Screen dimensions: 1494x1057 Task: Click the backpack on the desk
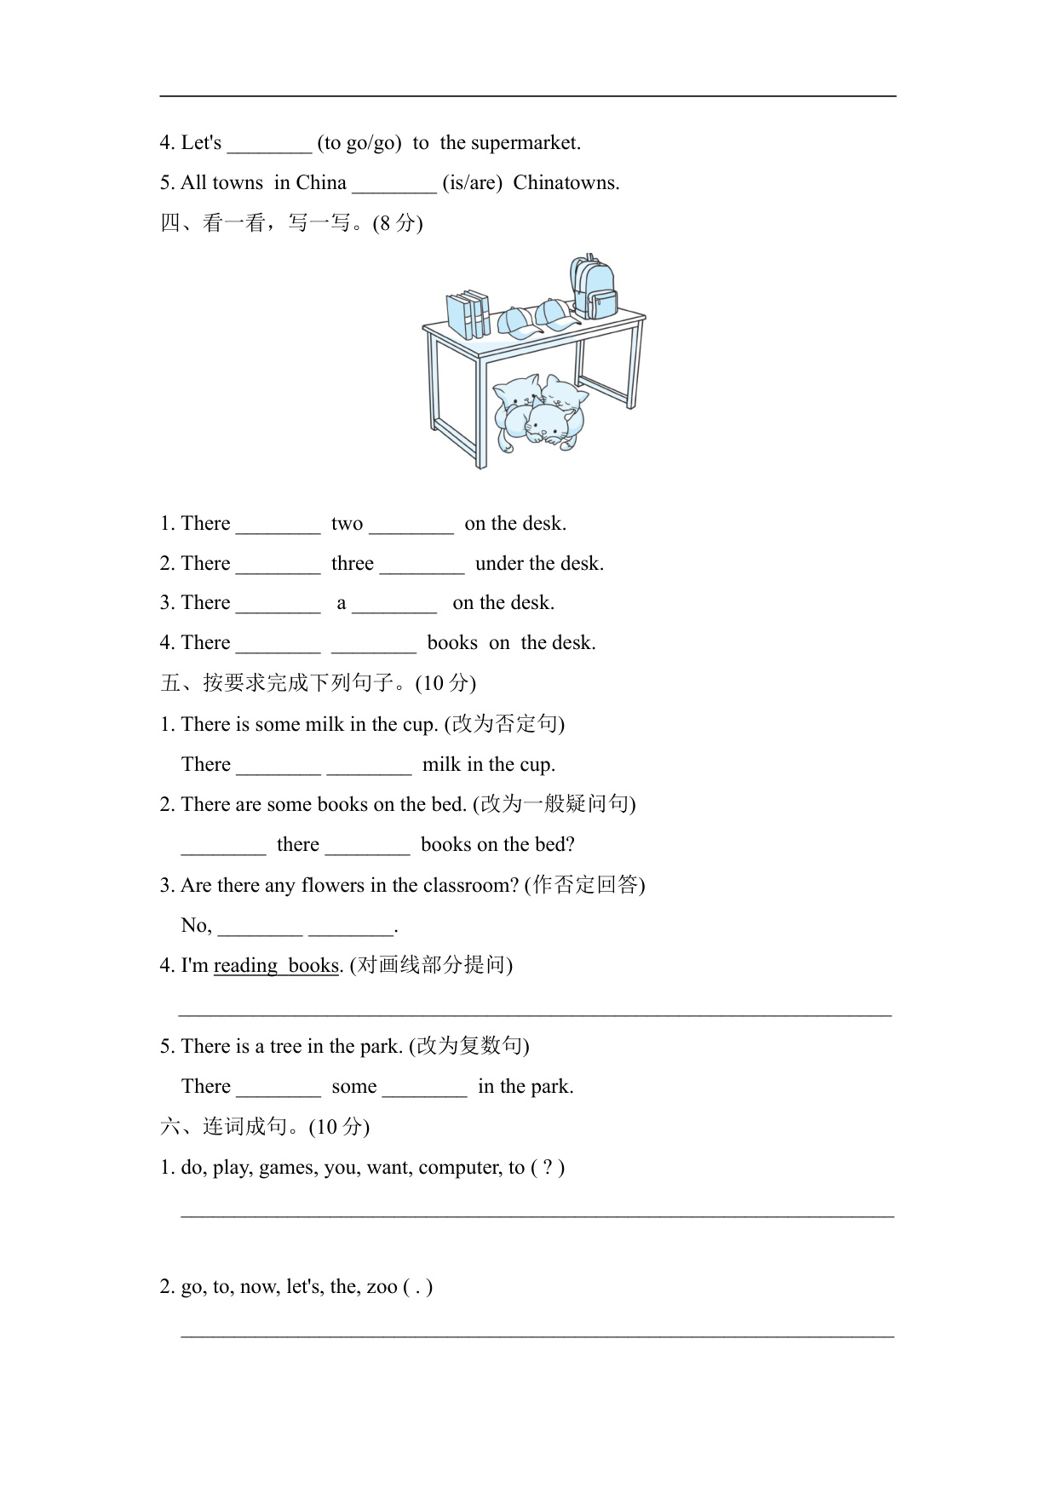pyautogui.click(x=594, y=287)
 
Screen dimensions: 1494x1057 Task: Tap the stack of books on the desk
pyautogui.click(x=468, y=315)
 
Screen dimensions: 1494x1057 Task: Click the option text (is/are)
pyautogui.click(x=472, y=183)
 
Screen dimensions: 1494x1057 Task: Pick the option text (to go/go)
pyautogui.click(x=359, y=143)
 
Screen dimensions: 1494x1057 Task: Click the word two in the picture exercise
pyautogui.click(x=347, y=524)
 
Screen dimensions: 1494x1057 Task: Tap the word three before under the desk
pyautogui.click(x=352, y=564)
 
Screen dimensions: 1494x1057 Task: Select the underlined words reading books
pyautogui.click(x=276, y=966)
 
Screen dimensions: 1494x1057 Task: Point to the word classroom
pyautogui.click(x=471, y=886)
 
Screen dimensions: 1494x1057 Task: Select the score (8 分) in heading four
pyautogui.click(x=398, y=223)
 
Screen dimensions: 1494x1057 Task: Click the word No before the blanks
pyautogui.click(x=195, y=926)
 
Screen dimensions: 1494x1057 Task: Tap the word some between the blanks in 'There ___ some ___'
pyautogui.click(x=354, y=1087)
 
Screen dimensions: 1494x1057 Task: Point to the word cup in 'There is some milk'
pyautogui.click(x=418, y=725)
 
